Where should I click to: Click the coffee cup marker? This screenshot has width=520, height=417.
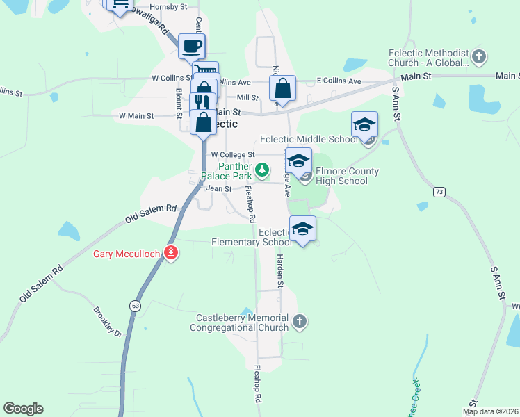tap(191, 47)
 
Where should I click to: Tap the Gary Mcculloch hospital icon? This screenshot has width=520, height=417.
tap(170, 253)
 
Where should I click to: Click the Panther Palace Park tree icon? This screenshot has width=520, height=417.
tap(261, 169)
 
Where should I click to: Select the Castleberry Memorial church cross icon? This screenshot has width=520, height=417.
tap(299, 321)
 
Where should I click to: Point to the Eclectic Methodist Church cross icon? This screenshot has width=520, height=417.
tap(478, 56)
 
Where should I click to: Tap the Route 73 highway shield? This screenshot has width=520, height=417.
tap(438, 191)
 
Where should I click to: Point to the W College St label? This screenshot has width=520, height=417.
tap(233, 154)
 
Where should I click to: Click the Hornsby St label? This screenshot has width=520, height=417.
tap(169, 7)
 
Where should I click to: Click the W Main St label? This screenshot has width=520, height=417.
tap(136, 115)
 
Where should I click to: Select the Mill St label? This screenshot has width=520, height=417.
tap(247, 98)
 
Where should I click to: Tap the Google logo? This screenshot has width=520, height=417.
tap(23, 409)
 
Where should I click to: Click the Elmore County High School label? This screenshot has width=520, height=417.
tap(348, 176)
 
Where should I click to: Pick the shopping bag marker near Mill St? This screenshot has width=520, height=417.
tap(282, 88)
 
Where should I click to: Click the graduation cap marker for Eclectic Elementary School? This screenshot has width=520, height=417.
tap(302, 229)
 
